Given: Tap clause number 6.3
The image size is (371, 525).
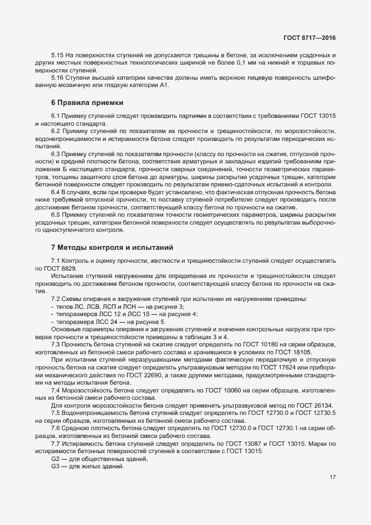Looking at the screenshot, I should coord(56,153).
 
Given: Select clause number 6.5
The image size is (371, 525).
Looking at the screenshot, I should coord(56,215).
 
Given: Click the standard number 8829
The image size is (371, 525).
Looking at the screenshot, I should coord(68,268).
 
